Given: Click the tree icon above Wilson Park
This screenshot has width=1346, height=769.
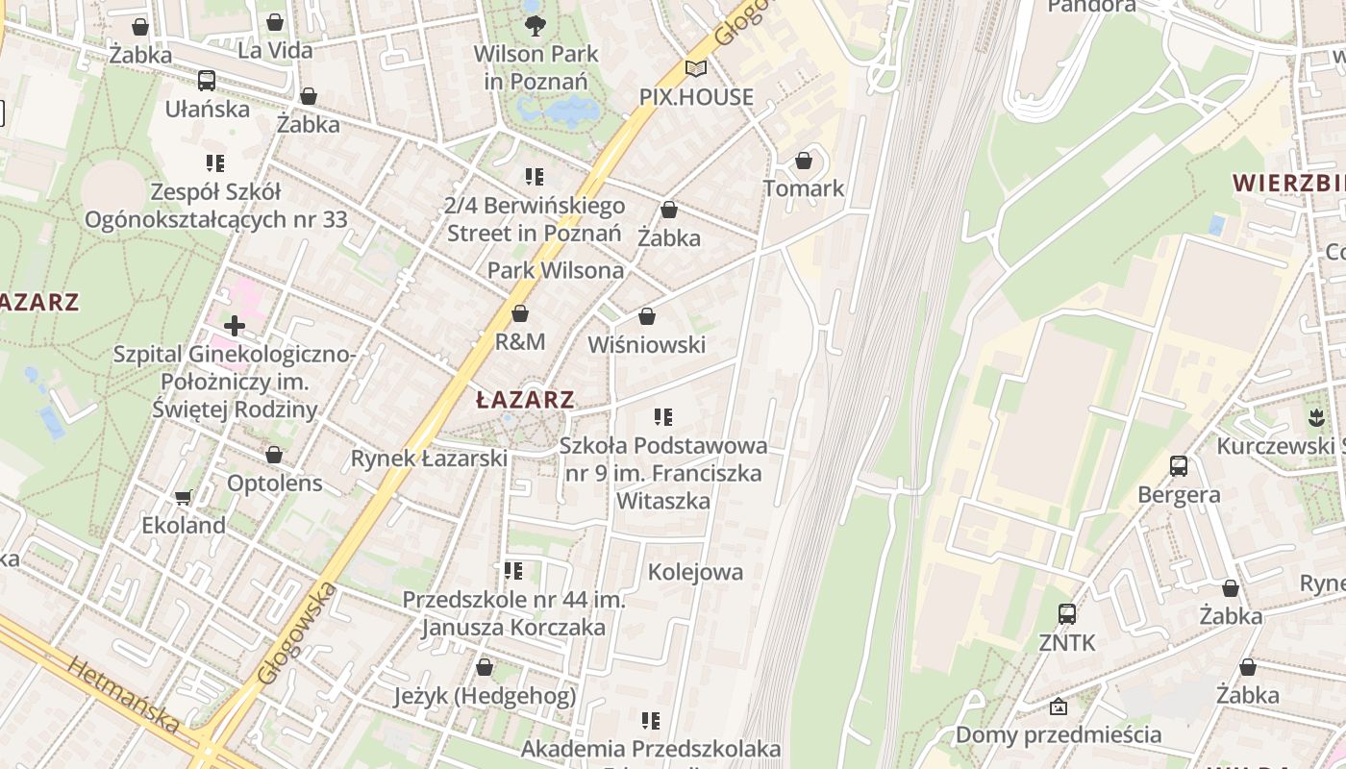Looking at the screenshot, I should pyautogui.click(x=535, y=25).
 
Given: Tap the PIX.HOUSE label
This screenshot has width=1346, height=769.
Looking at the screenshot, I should pyautogui.click(x=697, y=97).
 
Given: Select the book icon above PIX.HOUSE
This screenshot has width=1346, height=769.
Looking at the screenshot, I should pyautogui.click(x=695, y=69).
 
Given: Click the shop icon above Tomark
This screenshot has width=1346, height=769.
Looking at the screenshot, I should pyautogui.click(x=804, y=161).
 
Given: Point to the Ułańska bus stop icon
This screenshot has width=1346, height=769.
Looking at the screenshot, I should pyautogui.click(x=207, y=81).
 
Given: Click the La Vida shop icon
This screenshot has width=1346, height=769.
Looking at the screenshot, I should pyautogui.click(x=275, y=22).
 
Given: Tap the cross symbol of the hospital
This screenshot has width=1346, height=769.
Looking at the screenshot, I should pyautogui.click(x=234, y=326).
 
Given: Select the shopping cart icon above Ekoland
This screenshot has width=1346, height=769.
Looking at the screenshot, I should pyautogui.click(x=184, y=498).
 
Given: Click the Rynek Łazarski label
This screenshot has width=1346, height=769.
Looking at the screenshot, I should pyautogui.click(x=429, y=459).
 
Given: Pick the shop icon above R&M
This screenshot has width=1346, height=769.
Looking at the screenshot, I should pyautogui.click(x=520, y=314).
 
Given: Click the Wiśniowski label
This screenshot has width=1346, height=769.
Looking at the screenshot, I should pyautogui.click(x=646, y=345).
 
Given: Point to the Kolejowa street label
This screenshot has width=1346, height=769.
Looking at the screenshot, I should pyautogui.click(x=695, y=573).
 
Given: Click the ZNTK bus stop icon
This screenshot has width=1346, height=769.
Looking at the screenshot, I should pyautogui.click(x=1067, y=614).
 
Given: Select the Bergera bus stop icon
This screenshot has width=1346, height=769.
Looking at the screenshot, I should pyautogui.click(x=1179, y=467).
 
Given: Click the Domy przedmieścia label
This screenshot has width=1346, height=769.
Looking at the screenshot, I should pyautogui.click(x=1058, y=735).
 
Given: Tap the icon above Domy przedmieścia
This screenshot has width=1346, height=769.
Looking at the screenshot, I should pyautogui.click(x=1059, y=707).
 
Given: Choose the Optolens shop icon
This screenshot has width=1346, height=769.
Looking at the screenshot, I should pyautogui.click(x=274, y=455).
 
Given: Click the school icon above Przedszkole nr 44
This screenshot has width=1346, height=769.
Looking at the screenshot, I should pyautogui.click(x=513, y=571).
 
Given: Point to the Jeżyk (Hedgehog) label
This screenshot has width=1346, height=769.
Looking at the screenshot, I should pyautogui.click(x=486, y=696).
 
